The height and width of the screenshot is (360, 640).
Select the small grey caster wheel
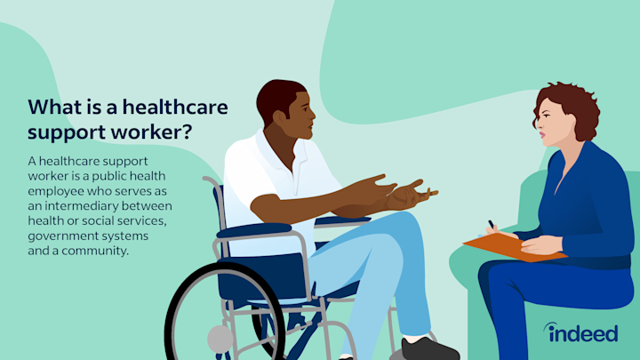click(x=220, y=339)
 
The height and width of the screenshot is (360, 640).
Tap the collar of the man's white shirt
click(x=283, y=147)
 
